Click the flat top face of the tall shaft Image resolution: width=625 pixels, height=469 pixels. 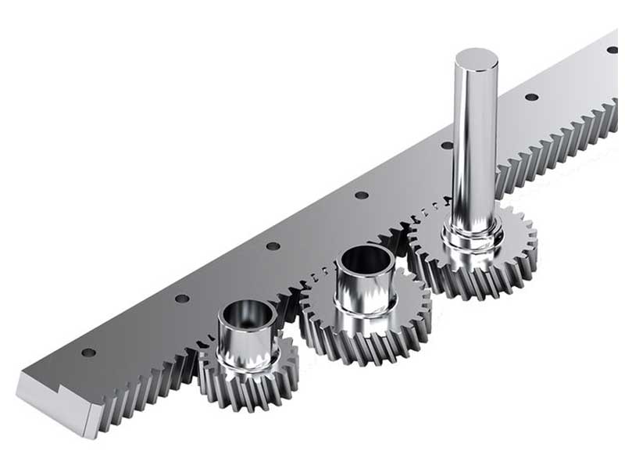[476, 58]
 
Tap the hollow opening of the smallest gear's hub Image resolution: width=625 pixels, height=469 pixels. [246, 314]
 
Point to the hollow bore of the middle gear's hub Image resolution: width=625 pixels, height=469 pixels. [364, 260]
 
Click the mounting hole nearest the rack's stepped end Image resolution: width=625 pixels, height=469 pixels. [88, 353]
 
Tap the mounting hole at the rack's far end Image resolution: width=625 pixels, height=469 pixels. [612, 50]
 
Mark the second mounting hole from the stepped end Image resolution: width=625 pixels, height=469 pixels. [181, 299]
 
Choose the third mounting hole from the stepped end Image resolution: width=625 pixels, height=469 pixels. [273, 246]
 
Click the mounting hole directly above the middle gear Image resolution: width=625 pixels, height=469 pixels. [361, 195]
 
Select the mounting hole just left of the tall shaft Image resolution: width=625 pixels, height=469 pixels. [446, 145]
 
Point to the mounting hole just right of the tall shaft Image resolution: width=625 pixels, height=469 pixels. [531, 97]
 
